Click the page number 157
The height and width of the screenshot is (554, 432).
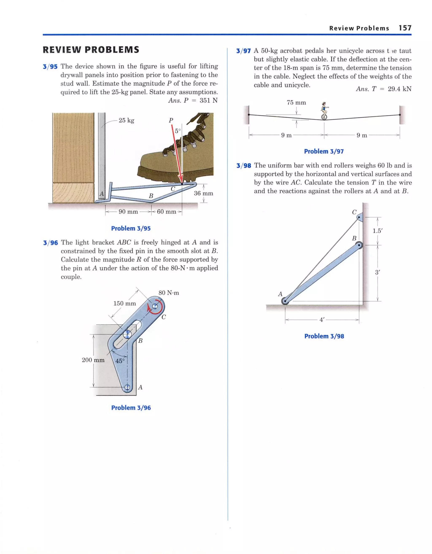point(405,28)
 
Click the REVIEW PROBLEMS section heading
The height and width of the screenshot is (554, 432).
point(91,50)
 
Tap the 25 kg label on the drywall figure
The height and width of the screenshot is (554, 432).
point(126,120)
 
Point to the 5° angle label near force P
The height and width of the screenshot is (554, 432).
point(178,131)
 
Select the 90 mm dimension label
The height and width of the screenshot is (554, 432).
point(128,212)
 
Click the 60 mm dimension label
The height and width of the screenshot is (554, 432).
point(166,212)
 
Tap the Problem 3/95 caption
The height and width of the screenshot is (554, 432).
point(131,228)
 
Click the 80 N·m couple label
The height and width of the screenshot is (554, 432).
point(169,293)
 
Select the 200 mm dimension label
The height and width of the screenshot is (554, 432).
point(93,360)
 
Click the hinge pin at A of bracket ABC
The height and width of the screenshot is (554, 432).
point(127,387)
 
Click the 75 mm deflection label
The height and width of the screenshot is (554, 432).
point(296,102)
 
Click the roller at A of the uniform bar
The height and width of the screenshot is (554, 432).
point(285,301)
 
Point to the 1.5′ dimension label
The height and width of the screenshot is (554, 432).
point(377,231)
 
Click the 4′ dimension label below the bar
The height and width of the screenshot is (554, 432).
point(322,320)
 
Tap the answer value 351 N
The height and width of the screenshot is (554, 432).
point(208,101)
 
